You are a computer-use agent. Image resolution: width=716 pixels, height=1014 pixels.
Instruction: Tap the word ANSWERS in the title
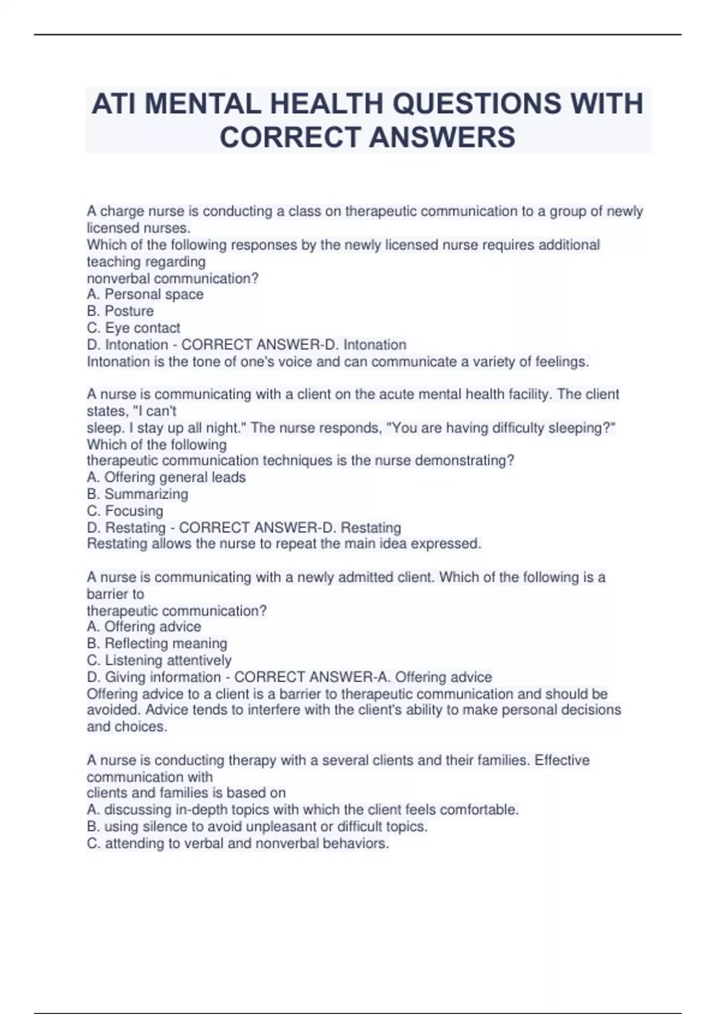click(442, 137)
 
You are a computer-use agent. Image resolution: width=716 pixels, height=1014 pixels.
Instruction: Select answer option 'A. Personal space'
click(145, 294)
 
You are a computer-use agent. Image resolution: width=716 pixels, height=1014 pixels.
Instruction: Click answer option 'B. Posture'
click(120, 311)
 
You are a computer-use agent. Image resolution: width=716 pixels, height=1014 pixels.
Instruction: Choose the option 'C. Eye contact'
click(133, 327)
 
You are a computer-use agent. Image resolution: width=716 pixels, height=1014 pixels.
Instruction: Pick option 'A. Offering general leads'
click(166, 477)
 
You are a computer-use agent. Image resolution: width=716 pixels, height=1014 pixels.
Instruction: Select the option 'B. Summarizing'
click(137, 494)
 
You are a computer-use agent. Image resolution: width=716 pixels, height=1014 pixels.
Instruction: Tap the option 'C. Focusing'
click(125, 511)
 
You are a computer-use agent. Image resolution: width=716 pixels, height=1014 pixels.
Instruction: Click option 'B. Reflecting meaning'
click(157, 643)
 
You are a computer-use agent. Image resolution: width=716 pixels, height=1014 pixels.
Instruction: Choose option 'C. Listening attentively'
click(159, 660)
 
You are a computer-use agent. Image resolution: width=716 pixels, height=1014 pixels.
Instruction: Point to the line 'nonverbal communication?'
click(172, 278)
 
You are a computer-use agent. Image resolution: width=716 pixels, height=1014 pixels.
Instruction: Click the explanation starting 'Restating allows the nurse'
click(283, 543)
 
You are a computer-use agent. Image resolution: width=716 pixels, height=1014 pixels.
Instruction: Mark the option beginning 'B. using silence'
click(257, 826)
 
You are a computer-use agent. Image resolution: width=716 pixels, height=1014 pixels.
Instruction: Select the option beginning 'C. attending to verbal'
click(237, 843)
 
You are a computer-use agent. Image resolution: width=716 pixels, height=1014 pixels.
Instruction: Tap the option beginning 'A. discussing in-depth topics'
click(303, 809)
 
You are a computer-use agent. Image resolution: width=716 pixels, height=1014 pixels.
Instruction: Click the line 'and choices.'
click(127, 727)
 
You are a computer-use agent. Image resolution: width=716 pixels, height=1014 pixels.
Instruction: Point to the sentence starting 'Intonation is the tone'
click(338, 361)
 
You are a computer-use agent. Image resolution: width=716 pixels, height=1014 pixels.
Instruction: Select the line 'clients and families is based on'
click(186, 793)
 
